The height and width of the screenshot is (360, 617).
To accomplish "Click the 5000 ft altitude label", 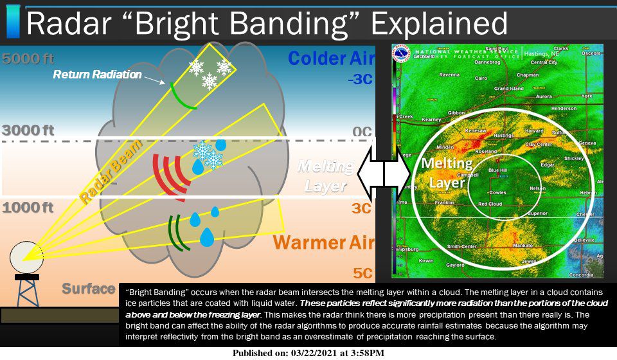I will pos(28,59).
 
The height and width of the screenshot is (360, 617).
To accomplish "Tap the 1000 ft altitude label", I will pos(28,207).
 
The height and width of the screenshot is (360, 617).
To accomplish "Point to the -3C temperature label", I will pos(359,81).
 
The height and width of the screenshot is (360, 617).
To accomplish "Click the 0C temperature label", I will pos(362,132).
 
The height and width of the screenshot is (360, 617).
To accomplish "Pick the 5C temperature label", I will pos(362,273).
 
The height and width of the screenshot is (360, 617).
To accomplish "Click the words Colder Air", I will pos(330,59).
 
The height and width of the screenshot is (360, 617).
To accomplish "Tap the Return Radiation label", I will pos(97,75).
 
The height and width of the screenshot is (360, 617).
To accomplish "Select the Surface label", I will pos(88,289).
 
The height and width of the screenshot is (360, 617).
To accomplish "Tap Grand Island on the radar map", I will pos(509,89).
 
